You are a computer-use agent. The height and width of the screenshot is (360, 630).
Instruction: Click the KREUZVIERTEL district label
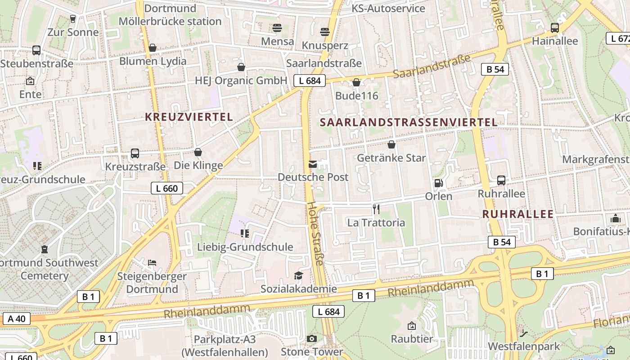pos(189,117)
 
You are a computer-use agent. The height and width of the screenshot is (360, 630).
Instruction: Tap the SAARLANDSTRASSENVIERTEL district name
pos(409,122)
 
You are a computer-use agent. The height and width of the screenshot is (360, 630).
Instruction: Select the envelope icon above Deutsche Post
pos(313,164)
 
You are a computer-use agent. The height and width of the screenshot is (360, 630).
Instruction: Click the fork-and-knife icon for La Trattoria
pos(376,209)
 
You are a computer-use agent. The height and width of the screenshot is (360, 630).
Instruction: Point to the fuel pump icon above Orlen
pos(438,183)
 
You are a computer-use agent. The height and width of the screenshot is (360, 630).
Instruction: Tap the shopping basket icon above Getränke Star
pos(391,144)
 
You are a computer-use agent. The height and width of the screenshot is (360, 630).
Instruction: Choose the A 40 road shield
pos(17,319)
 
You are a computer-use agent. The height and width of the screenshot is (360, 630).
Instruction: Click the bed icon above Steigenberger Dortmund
pos(152,262)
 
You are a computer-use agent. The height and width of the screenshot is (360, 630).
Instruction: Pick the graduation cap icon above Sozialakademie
pos(298,275)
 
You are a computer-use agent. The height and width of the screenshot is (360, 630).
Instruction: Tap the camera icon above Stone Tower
pos(311,338)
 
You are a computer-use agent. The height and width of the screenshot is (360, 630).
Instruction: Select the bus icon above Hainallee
pos(554,27)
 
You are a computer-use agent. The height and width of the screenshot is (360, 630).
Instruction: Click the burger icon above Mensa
pos(277,28)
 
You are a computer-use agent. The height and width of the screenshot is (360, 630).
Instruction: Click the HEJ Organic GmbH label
pos(241,81)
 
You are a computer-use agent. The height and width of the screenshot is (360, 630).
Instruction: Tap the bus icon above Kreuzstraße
pos(135,153)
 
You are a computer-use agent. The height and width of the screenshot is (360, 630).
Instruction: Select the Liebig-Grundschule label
pos(245,247)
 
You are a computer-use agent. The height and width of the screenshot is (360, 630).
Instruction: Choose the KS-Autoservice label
pos(388,9)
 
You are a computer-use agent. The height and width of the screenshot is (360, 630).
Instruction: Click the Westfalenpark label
pos(524,346)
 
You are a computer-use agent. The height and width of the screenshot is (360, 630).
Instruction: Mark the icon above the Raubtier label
pos(411,325)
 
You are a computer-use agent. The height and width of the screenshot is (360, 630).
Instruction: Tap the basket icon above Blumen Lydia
pos(153,48)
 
